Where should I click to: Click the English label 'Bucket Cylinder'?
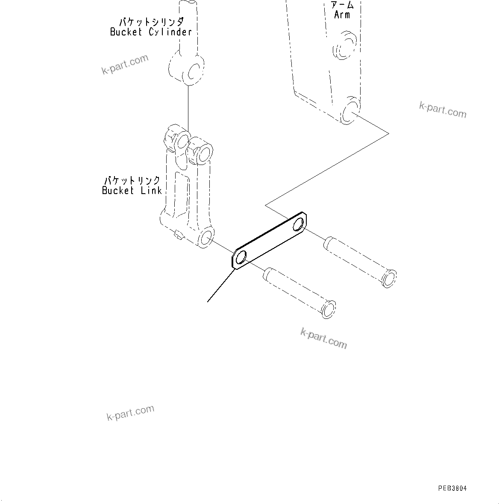tap(150, 32)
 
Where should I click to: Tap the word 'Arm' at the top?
tap(342, 15)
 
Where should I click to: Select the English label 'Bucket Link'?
tap(132, 191)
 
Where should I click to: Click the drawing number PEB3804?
tap(452, 488)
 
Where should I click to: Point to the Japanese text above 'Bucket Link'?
tap(132, 180)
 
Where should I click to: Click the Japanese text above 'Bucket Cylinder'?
tap(151, 22)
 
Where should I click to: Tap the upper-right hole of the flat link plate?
tap(299, 223)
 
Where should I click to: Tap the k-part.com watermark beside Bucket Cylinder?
tap(125, 64)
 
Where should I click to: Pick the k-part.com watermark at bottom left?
tap(130, 413)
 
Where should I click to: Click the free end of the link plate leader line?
tap(208, 302)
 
